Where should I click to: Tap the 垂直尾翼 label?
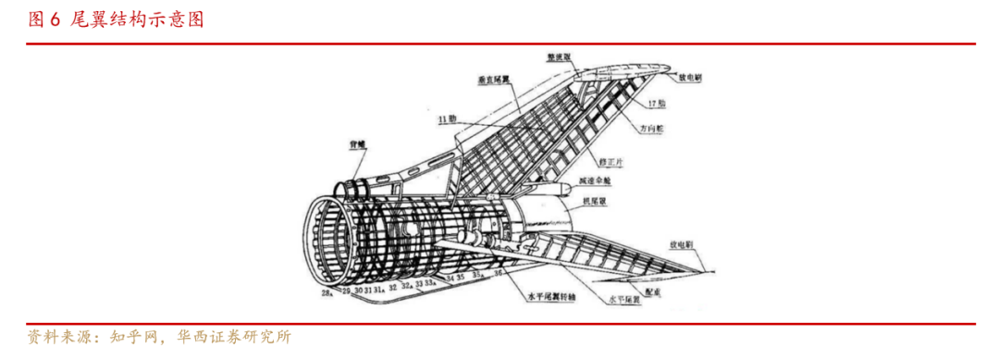tap(496, 81)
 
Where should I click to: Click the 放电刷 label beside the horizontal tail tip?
tap(683, 246)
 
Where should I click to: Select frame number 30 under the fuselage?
tap(357, 290)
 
